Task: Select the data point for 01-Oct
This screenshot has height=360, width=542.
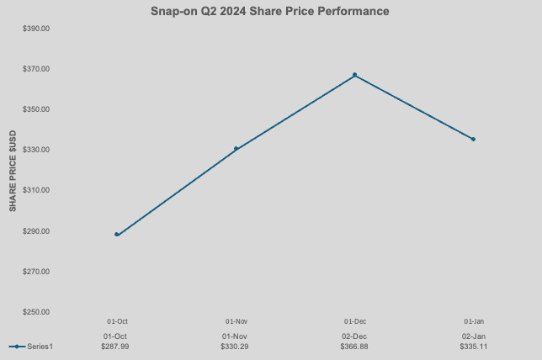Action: [x=117, y=235]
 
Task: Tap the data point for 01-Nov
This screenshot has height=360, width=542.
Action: [x=236, y=149]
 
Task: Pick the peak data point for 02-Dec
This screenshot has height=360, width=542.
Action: [x=354, y=75]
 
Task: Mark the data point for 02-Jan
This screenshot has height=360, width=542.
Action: [x=473, y=139]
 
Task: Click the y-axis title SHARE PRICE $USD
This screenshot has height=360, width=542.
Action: [x=13, y=171]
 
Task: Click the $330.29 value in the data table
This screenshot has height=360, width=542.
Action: [x=235, y=347]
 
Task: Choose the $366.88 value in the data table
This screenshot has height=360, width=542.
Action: [x=354, y=347]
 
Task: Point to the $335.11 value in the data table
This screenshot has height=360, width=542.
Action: [x=474, y=347]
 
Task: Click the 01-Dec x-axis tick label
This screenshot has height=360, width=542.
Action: [x=354, y=321]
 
